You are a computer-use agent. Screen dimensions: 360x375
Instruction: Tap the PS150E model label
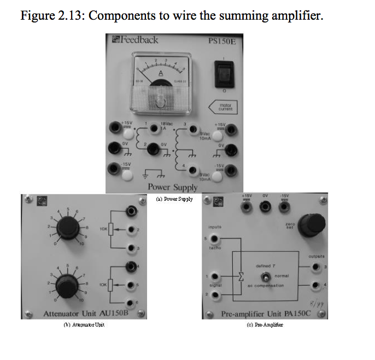coord(221,40)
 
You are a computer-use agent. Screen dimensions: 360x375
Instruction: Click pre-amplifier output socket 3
coord(315,266)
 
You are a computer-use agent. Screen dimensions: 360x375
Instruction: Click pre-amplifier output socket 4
coord(315,284)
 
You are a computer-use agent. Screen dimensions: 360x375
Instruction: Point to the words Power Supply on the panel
coord(172,187)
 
